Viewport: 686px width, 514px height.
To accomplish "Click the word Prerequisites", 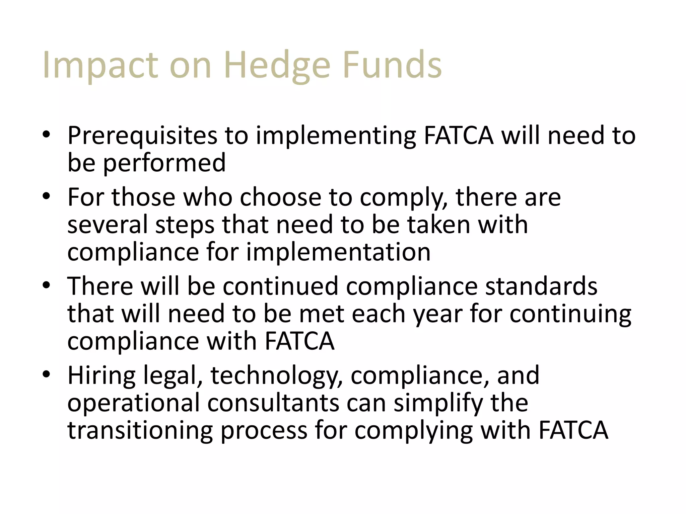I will click(x=142, y=136).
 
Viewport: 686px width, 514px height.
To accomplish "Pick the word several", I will click(x=108, y=225).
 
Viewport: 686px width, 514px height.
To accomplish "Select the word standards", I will click(x=541, y=286).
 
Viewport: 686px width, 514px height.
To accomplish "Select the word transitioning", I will click(x=140, y=431).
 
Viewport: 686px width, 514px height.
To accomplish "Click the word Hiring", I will click(x=101, y=376).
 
